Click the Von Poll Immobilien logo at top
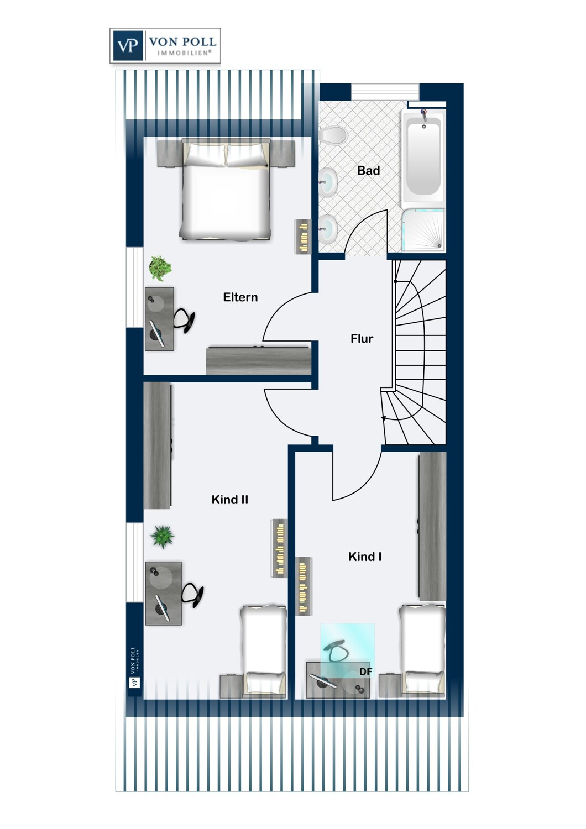pos(165,45)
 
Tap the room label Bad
pos(368,171)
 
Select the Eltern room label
pos(240,297)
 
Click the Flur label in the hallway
pos(362,339)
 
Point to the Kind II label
pos(229,500)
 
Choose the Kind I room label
pos(364,557)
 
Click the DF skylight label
pos(365,671)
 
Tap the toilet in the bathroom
pos(333,134)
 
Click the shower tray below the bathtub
pos(423,230)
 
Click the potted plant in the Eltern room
pos(160,268)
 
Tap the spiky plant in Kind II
pos(162,536)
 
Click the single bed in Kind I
pos(422,649)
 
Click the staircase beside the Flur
pos(419,354)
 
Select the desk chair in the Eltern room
pos(185,320)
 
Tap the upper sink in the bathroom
pos(328,181)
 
